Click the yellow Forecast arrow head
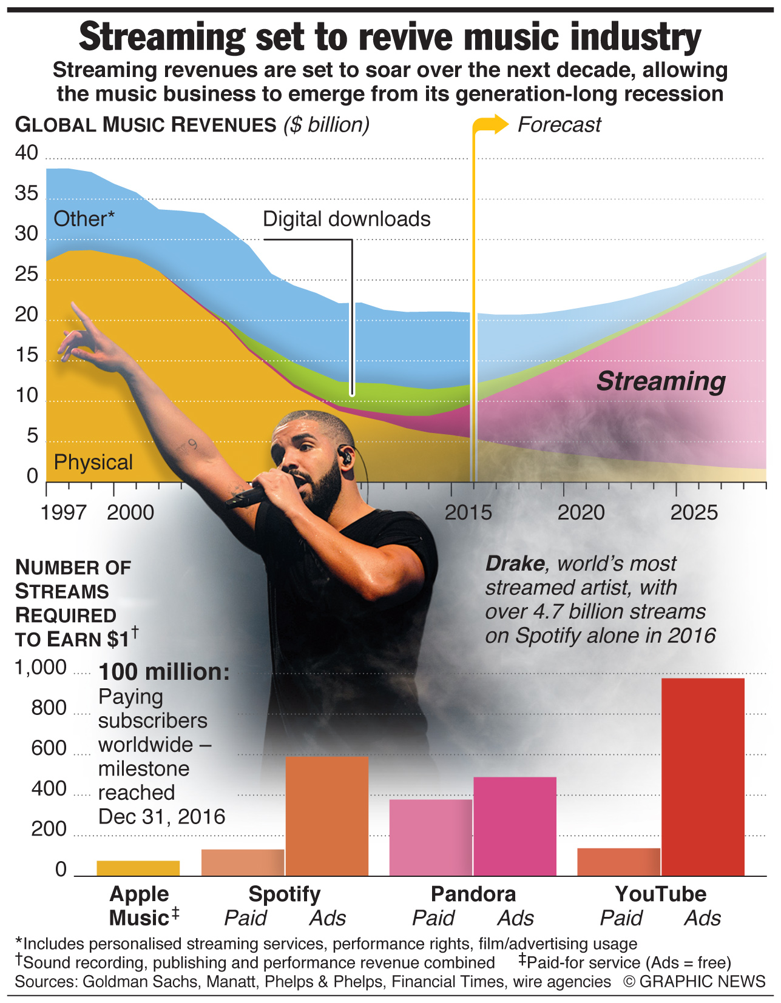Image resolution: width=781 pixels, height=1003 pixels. (500, 124)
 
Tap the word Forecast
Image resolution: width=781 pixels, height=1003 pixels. (559, 125)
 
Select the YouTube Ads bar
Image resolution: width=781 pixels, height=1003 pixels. (703, 776)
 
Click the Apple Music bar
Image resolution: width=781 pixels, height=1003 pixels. (138, 868)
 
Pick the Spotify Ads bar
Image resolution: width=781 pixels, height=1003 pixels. (327, 816)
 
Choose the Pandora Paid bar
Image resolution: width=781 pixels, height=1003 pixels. (431, 837)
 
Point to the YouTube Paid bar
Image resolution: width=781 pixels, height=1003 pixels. (618, 862)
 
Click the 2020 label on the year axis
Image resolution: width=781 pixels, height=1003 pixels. (581, 513)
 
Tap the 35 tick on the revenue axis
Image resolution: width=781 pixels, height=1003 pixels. (26, 193)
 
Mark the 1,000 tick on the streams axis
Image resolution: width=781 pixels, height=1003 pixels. (40, 668)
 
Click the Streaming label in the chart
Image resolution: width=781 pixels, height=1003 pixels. (661, 381)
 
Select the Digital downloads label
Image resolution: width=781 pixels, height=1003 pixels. (347, 219)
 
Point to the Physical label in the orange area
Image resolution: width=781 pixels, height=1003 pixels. (93, 462)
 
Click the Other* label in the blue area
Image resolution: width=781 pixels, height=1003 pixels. (84, 219)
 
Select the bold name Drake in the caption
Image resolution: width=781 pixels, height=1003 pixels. (515, 564)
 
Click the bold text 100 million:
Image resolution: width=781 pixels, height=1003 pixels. (164, 672)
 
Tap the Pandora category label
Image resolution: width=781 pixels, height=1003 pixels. (473, 894)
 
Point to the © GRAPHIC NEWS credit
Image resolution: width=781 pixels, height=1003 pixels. (694, 981)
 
